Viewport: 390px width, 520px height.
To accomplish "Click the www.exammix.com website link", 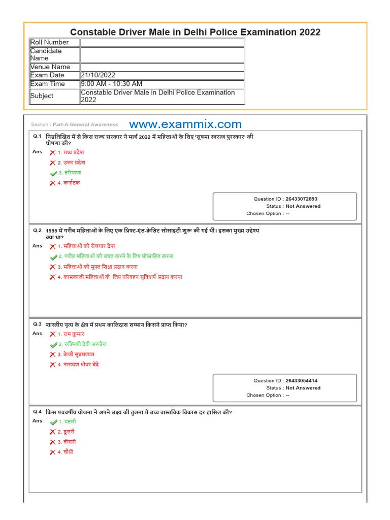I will tap(185, 124).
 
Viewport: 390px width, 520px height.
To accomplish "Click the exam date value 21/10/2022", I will tap(99, 75).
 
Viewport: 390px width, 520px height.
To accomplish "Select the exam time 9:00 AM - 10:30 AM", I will tap(112, 84).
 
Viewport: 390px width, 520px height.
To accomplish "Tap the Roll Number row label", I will tap(49, 42).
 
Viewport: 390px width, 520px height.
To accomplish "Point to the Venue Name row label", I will tap(50, 67).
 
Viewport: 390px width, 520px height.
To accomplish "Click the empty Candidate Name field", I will tap(162, 54).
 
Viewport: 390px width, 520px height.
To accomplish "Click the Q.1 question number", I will tap(37, 136).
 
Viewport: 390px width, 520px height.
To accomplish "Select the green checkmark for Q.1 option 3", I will tap(53, 173).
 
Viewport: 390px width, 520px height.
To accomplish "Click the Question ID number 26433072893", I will tap(301, 199).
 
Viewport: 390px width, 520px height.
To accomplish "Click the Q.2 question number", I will tap(37, 230).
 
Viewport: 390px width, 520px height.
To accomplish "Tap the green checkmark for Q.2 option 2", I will tap(53, 257).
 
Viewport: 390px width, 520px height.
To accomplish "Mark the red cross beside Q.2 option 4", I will tap(52, 277).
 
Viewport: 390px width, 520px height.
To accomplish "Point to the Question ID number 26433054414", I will tap(301, 380).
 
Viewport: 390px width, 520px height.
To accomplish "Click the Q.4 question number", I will tap(37, 412).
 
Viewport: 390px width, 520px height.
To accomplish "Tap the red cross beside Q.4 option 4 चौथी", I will tap(52, 452).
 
